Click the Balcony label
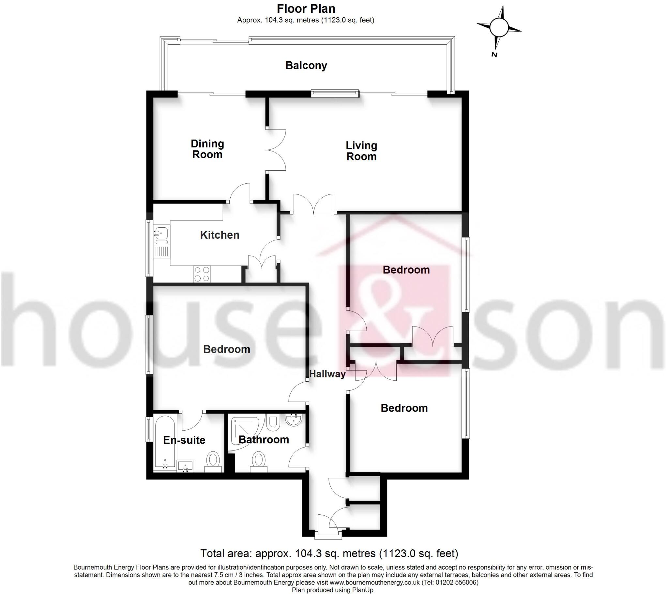(306, 65)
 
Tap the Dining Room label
(207, 149)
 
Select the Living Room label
(361, 151)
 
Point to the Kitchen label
(220, 235)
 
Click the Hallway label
(327, 374)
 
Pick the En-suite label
(184, 440)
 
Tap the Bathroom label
(264, 439)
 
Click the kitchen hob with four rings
(202, 274)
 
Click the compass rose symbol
(499, 27)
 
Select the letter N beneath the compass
(494, 54)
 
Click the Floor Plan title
(306, 8)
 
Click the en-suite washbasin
(185, 466)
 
